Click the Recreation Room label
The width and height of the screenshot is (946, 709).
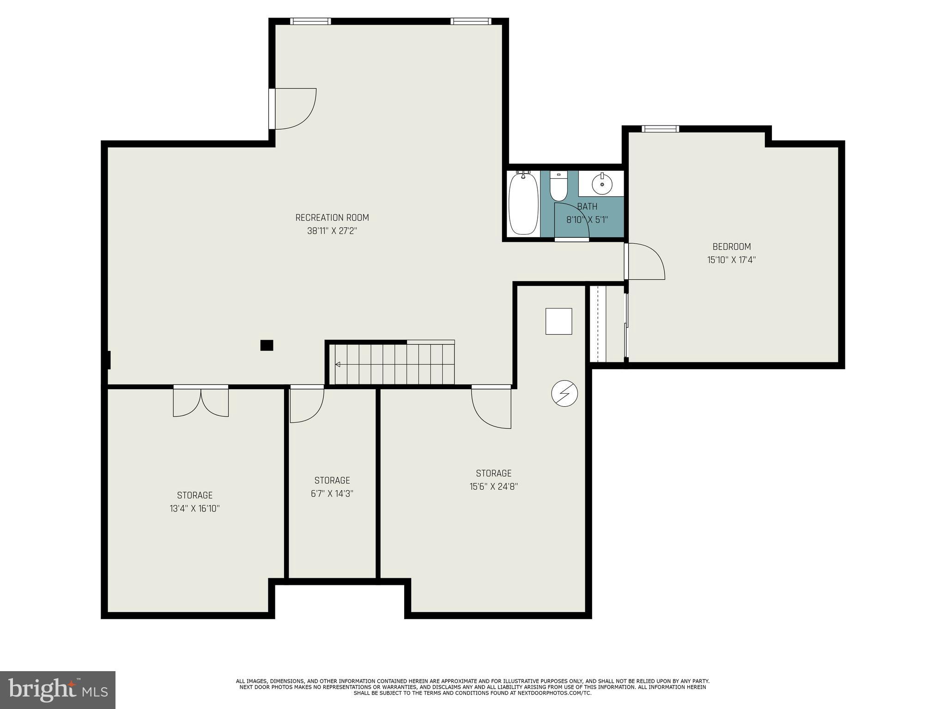click(332, 217)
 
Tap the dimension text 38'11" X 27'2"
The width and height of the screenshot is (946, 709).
click(332, 231)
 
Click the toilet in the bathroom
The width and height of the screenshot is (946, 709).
click(558, 186)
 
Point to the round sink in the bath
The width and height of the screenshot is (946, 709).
click(602, 184)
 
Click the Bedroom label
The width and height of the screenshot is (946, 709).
click(731, 246)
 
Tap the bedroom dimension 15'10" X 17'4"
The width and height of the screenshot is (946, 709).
click(731, 260)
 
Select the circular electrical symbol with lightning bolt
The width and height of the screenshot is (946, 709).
click(564, 394)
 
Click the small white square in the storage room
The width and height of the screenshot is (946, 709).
click(558, 321)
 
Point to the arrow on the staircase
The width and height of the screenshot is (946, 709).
click(338, 365)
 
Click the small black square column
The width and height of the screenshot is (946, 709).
click(267, 345)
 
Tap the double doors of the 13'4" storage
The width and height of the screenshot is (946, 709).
click(201, 402)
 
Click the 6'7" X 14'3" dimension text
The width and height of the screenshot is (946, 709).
click(332, 494)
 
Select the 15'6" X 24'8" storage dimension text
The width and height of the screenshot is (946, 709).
click(493, 487)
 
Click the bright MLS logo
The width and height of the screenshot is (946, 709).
click(57, 690)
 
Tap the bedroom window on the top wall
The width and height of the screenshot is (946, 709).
click(661, 129)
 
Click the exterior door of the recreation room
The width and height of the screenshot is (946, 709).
click(293, 109)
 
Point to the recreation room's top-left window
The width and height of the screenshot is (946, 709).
click(310, 21)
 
